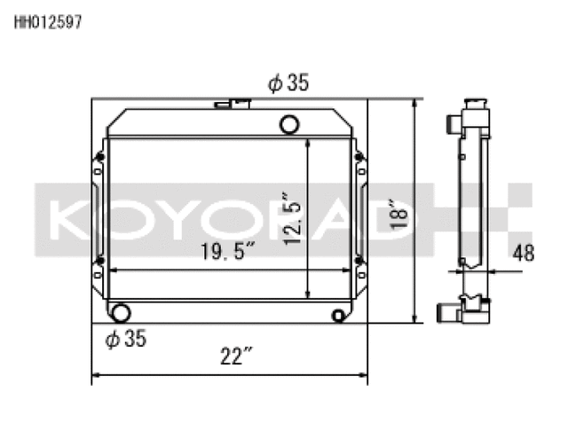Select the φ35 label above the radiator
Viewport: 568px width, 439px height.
(288, 84)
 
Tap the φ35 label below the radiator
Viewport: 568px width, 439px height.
(125, 338)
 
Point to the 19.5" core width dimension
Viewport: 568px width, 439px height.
(227, 252)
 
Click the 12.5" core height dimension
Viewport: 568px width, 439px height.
(290, 217)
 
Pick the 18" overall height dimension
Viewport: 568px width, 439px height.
(404, 215)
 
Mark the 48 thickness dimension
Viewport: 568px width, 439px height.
(524, 254)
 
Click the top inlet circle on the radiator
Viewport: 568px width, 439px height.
(289, 124)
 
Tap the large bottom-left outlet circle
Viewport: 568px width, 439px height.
(118, 313)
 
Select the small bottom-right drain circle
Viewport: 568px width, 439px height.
(338, 316)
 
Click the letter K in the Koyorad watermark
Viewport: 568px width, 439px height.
(67, 218)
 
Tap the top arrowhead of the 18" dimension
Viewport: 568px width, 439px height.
(414, 105)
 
